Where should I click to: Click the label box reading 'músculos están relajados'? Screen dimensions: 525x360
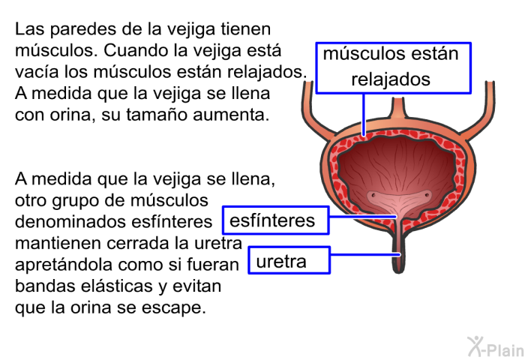[394, 67]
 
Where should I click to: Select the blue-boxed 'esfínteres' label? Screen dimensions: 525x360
[276, 220]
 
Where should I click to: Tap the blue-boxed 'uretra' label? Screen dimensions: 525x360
[289, 260]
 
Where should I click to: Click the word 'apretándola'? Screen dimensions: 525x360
[64, 265]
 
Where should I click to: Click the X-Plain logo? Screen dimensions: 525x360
[496, 346]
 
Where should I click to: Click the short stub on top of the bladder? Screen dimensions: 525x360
[397, 108]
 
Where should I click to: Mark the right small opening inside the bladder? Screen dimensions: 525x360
[427, 194]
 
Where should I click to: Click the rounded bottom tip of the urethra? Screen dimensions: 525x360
[398, 271]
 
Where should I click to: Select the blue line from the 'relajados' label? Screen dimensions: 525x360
[364, 115]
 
